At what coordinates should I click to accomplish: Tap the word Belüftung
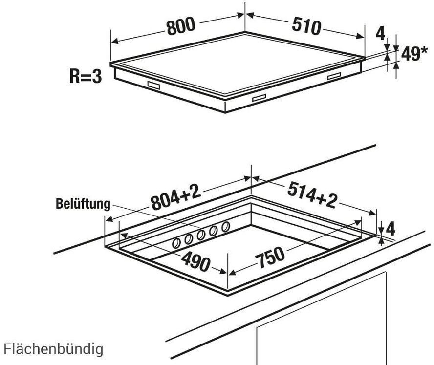point(83,204)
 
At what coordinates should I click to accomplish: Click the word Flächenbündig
point(54,349)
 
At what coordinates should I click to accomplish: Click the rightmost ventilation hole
point(225,227)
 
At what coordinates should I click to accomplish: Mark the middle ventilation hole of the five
point(201,235)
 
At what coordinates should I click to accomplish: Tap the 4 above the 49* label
point(380,33)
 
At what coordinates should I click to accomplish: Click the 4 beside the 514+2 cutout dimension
point(390,228)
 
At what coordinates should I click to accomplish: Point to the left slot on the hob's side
point(153,85)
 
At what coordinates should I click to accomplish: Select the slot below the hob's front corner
point(259,98)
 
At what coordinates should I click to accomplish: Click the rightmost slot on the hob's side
point(334,76)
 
